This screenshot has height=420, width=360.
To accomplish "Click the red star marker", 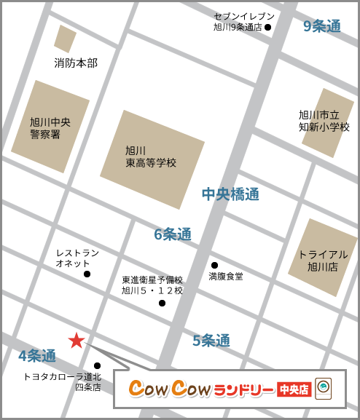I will (x=77, y=340).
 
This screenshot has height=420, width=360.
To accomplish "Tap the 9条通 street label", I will (x=321, y=26).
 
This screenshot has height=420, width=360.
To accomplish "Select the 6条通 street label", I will (x=173, y=234).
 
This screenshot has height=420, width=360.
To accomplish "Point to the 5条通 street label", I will (x=211, y=340).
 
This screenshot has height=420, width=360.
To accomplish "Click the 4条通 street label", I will (x=37, y=356).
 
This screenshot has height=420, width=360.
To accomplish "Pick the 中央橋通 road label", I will (x=230, y=194).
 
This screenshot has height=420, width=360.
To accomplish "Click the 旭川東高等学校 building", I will (x=152, y=159).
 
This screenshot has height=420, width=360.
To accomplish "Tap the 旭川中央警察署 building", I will (x=50, y=126).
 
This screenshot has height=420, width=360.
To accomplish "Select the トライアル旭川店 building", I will (x=323, y=257).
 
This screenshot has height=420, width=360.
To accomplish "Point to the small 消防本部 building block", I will (x=65, y=39).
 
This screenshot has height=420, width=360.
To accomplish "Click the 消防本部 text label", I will (x=76, y=63).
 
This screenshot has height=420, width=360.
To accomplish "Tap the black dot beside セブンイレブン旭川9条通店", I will (x=267, y=28).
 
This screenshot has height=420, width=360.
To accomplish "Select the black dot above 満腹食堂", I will (x=214, y=265).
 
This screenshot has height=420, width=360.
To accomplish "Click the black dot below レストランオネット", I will (x=87, y=274).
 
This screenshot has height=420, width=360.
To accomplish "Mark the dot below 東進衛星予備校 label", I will (x=162, y=303).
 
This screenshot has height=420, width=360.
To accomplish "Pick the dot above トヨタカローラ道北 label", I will (x=97, y=365).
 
